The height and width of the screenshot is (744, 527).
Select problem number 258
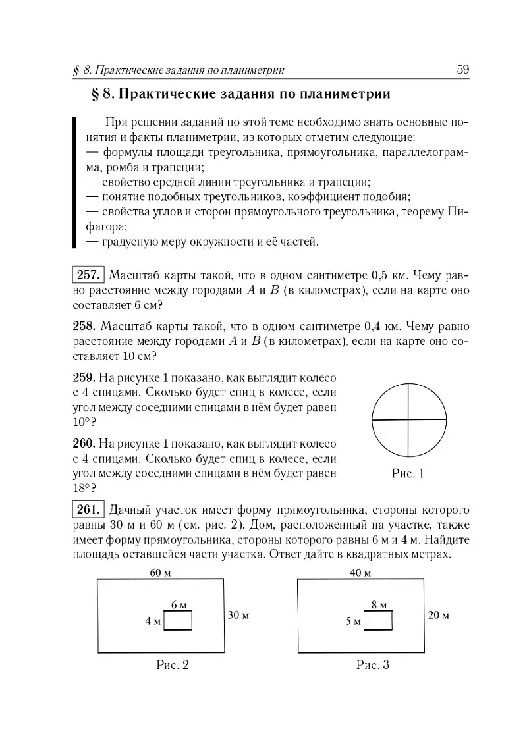click(x=84, y=326)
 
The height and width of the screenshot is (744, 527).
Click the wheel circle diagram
click(x=409, y=419)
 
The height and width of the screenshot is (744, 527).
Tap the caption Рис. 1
click(x=408, y=473)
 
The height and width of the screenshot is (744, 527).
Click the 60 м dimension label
click(x=160, y=573)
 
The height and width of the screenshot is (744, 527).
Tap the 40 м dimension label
click(x=360, y=573)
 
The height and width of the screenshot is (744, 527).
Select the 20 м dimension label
click(x=438, y=616)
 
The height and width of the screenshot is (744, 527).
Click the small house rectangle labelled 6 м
click(x=178, y=621)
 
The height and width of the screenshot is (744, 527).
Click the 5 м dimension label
click(x=354, y=621)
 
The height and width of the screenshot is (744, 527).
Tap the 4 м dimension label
click(x=153, y=621)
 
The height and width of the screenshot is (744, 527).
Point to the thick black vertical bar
click(x=74, y=182)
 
